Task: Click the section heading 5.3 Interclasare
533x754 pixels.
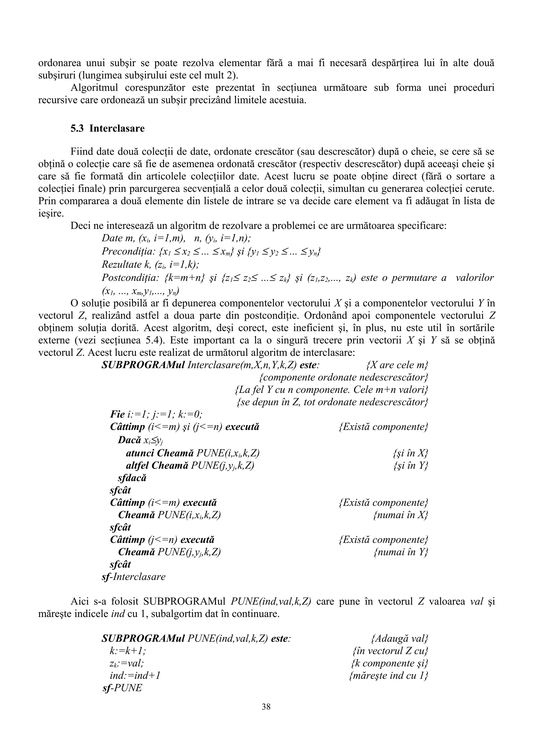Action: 107,128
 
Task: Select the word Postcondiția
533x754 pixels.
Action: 130,278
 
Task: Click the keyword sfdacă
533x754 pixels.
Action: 132,478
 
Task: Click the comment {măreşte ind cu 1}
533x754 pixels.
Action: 389,676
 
